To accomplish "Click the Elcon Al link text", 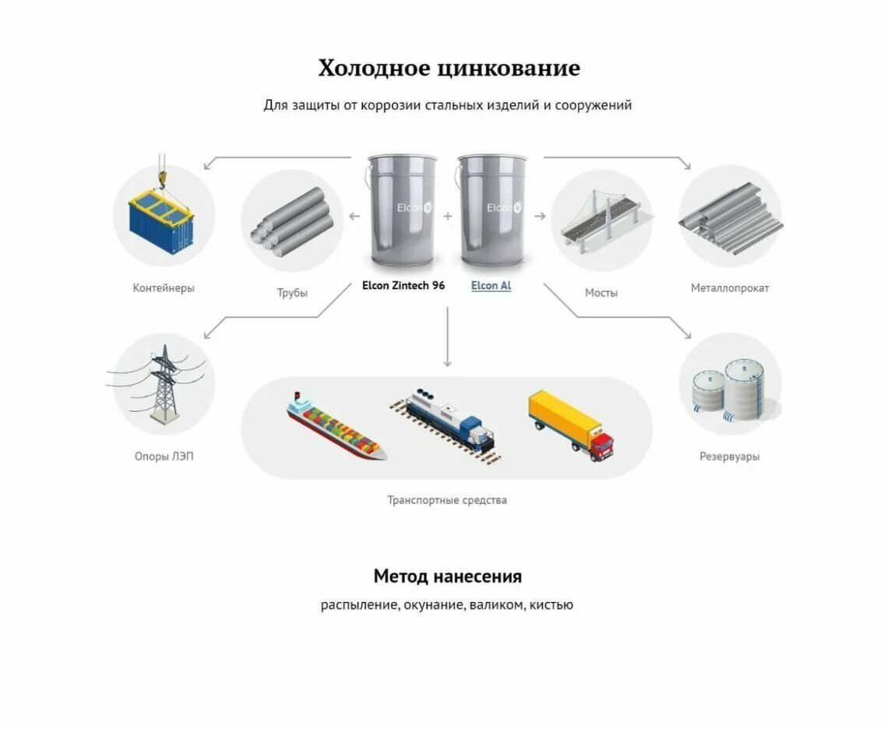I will point(491,286).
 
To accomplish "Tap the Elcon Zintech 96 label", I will point(403,286).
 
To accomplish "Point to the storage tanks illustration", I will point(730,387).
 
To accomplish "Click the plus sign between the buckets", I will point(448,216).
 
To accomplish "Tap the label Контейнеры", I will point(164,288).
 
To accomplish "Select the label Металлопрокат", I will point(730,288).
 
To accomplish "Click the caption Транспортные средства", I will point(447,500).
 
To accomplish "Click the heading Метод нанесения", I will point(447,576).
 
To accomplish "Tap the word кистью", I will point(551,604).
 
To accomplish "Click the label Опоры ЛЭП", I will point(164,456).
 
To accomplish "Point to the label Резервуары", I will point(729,456).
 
